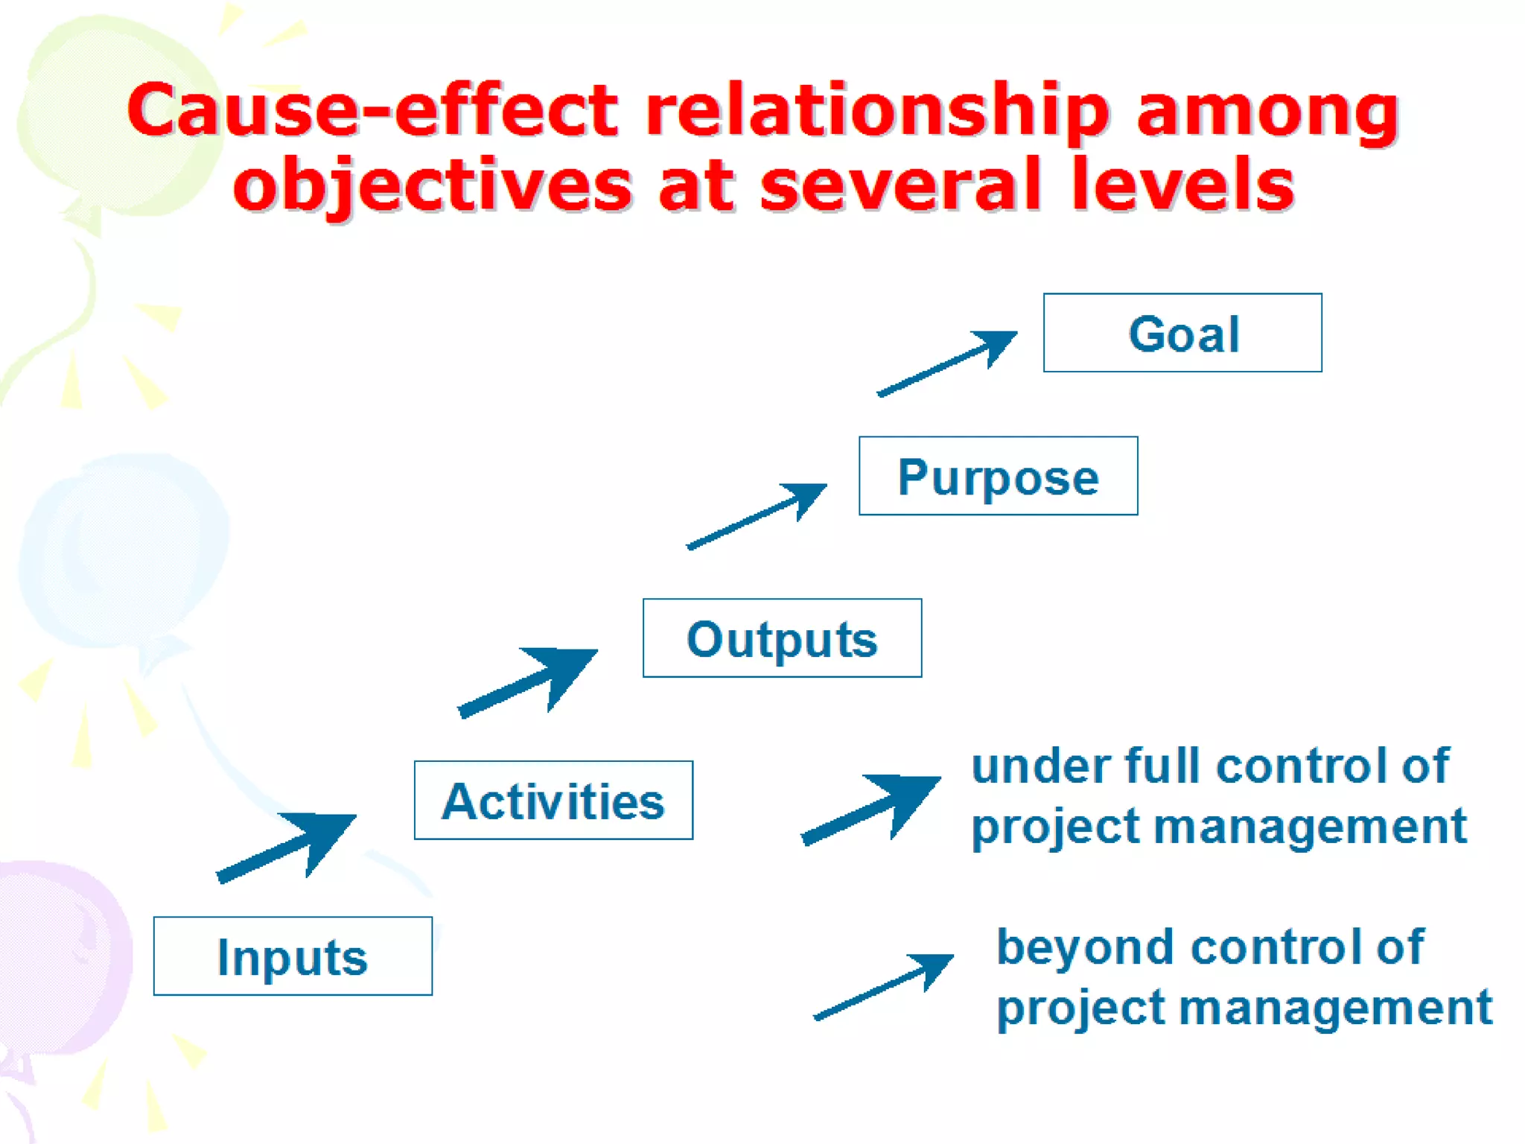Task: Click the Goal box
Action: point(1182,333)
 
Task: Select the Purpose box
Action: point(998,476)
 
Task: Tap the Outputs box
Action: point(782,638)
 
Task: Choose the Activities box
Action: point(553,801)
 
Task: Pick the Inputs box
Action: point(293,956)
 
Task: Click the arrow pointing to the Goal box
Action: point(947,363)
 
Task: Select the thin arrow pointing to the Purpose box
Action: point(757,516)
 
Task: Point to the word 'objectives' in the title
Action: point(433,186)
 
